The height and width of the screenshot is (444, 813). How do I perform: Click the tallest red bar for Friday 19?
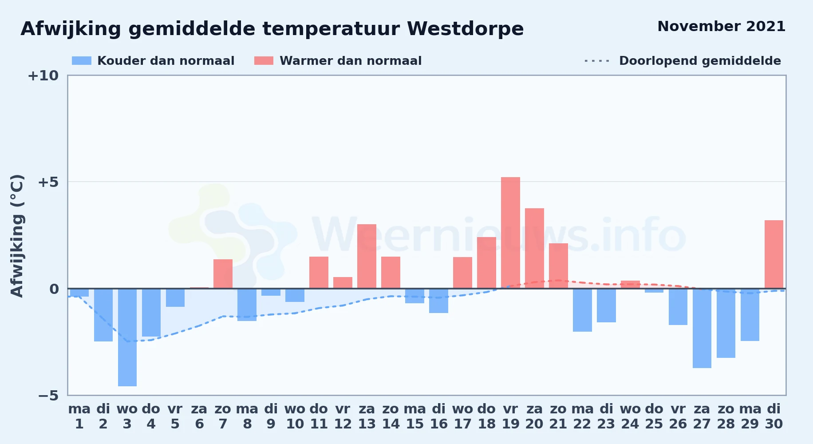(x=510, y=233)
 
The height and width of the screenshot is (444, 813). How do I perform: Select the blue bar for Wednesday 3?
(x=127, y=337)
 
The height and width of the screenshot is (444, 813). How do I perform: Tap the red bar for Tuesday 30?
(x=774, y=254)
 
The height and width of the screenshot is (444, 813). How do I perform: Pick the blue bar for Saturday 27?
(x=702, y=328)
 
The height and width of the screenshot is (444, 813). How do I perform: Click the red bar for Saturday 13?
(x=367, y=256)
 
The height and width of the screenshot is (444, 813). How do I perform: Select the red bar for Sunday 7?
(x=223, y=274)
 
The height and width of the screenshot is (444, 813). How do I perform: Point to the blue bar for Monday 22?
(x=582, y=310)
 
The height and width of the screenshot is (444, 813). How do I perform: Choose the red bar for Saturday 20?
(x=534, y=248)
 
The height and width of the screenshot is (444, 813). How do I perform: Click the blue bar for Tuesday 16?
(x=438, y=301)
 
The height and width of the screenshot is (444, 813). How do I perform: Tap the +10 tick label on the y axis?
(x=43, y=75)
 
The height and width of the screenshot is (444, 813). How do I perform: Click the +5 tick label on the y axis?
(x=48, y=182)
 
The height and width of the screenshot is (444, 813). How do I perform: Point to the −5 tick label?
(x=48, y=395)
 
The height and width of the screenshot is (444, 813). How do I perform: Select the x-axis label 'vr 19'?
(x=510, y=416)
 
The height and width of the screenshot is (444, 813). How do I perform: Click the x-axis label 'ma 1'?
(x=79, y=416)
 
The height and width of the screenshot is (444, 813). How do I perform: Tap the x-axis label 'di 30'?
(x=774, y=416)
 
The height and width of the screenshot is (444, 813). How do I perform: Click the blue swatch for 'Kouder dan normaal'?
(x=82, y=61)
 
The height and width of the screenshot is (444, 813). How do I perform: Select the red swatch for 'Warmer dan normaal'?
(x=264, y=61)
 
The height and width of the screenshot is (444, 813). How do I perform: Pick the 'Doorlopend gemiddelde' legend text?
(x=700, y=61)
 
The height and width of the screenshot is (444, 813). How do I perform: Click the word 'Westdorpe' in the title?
(x=466, y=29)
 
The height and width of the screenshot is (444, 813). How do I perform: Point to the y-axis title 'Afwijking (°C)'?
(x=17, y=236)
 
